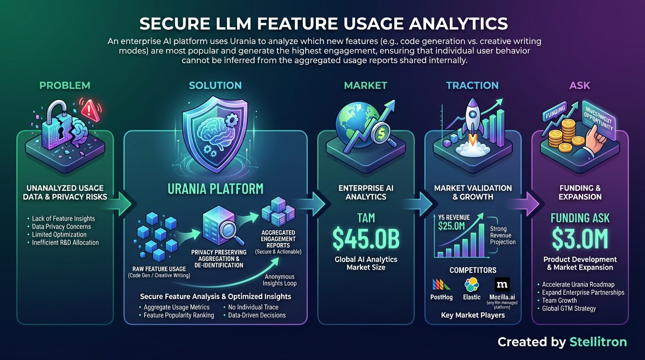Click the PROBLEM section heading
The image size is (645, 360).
click(65, 85)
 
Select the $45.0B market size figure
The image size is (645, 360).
click(366, 238)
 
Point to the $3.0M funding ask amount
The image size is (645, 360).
click(580, 238)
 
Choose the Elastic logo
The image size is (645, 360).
click(472, 285)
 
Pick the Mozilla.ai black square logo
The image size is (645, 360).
click(502, 285)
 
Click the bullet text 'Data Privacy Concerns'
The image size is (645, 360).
click(61, 226)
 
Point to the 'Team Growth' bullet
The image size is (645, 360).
click(559, 300)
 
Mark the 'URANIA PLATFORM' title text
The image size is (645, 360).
click(215, 189)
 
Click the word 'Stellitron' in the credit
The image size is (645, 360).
click(598, 342)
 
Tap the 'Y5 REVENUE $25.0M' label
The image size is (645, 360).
click(452, 223)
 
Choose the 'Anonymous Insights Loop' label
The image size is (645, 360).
click(280, 280)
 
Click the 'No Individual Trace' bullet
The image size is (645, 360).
click(253, 307)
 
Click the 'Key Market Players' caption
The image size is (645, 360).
click(472, 315)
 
